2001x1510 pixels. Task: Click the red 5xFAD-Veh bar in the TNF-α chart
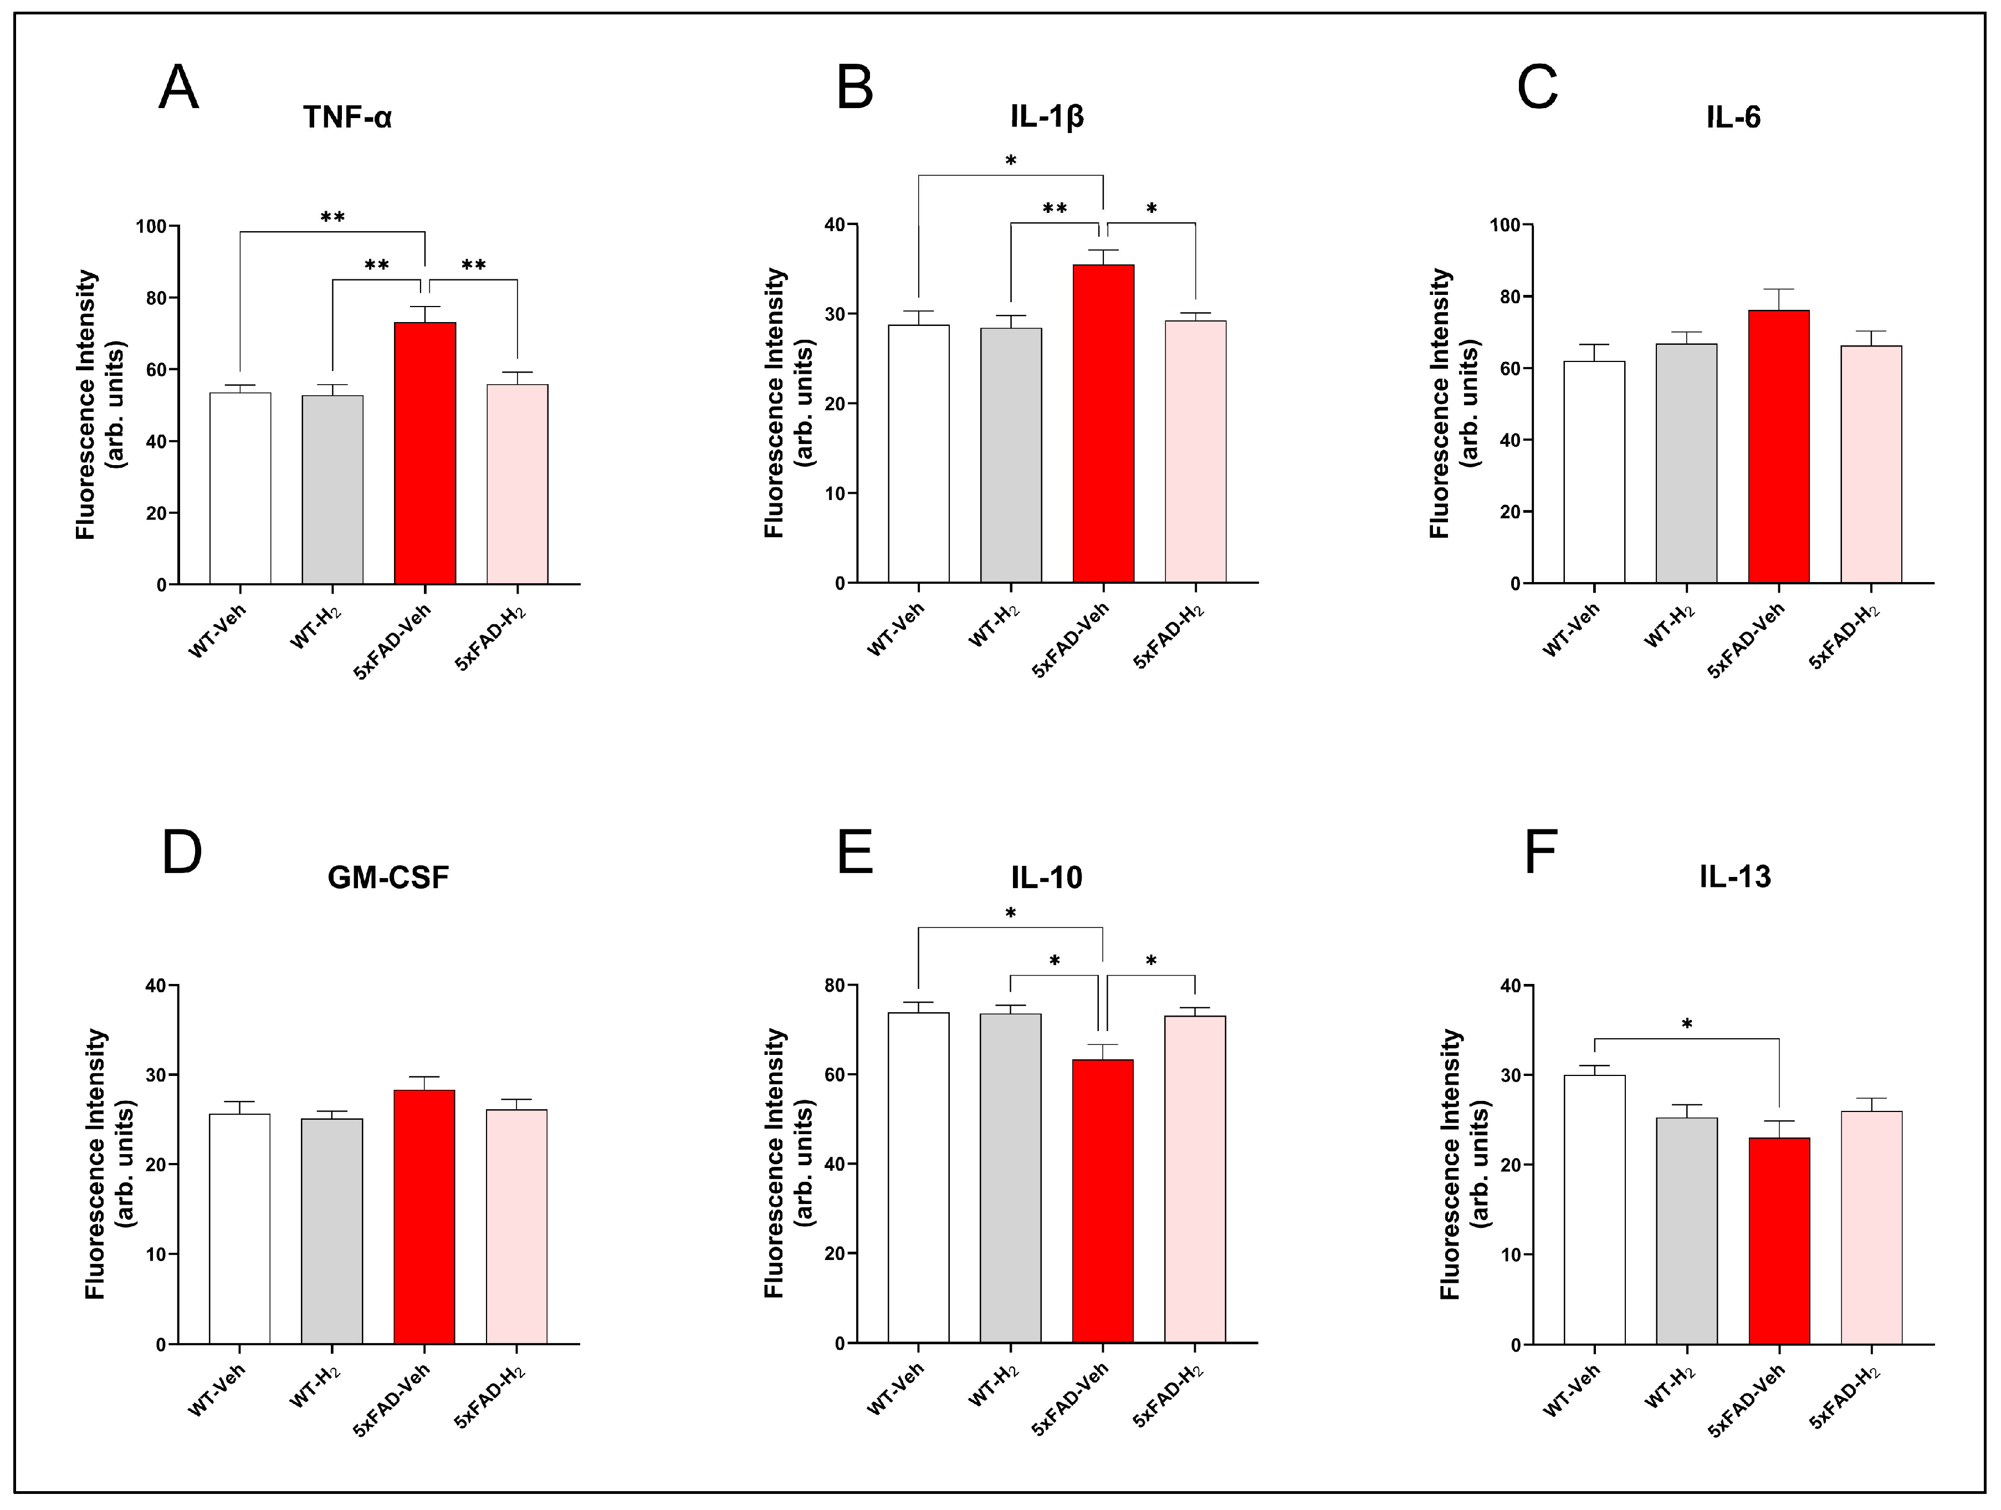click(x=425, y=452)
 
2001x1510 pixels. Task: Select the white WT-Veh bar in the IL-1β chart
click(x=918, y=452)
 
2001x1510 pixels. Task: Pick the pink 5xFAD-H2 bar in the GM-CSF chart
click(x=516, y=1226)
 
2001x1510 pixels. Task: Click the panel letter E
click(x=856, y=851)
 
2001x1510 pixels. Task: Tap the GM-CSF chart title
click(x=388, y=878)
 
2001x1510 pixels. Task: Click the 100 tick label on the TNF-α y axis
click(x=151, y=226)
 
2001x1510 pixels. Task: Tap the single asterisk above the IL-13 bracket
click(x=1686, y=1025)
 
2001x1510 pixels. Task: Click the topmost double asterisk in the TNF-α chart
click(x=332, y=218)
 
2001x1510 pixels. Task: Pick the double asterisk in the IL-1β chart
click(x=1055, y=209)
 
